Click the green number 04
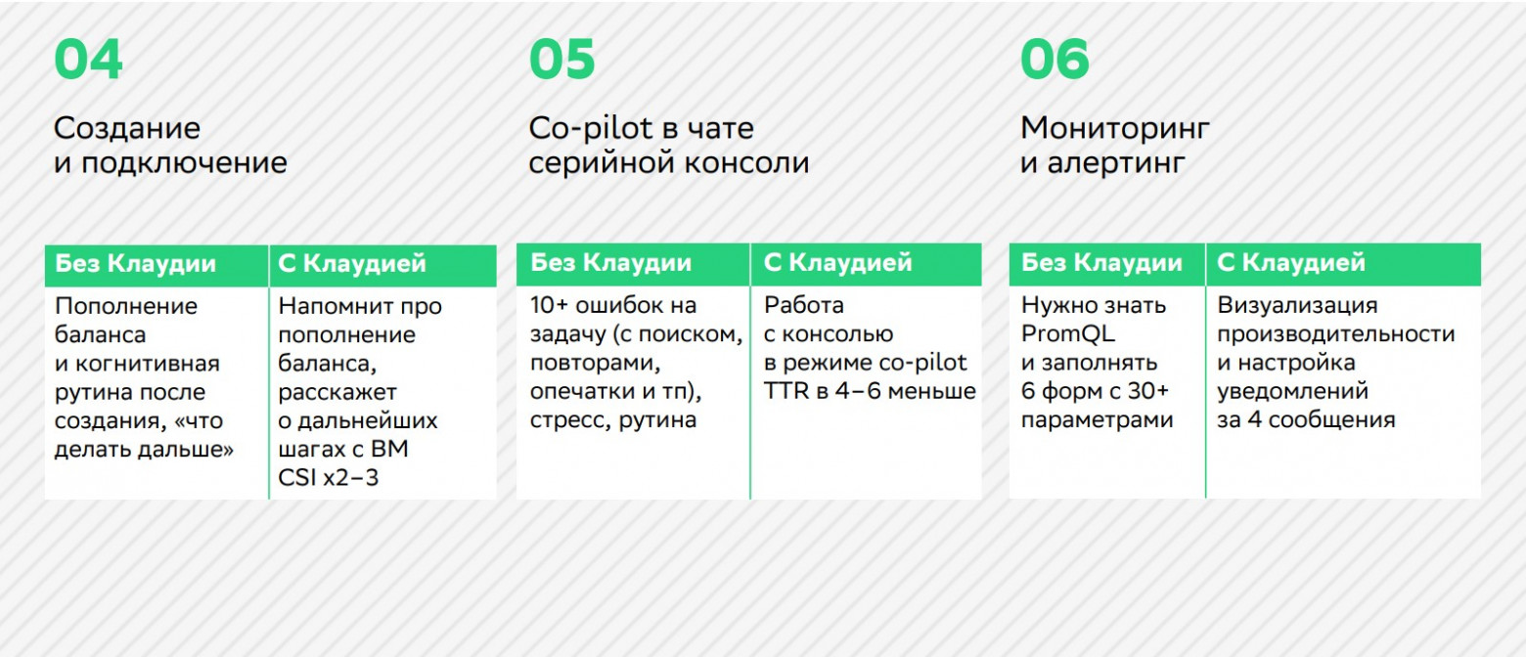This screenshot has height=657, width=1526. [x=88, y=60]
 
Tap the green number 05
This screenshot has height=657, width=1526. [x=562, y=60]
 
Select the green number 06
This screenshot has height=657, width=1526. [x=1055, y=60]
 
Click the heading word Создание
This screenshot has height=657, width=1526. [x=127, y=128]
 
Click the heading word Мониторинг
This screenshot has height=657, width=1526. [x=1115, y=128]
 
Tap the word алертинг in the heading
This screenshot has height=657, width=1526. [x=1117, y=163]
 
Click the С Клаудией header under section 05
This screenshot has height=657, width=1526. [x=837, y=263]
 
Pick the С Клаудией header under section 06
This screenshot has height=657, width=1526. [x=1291, y=263]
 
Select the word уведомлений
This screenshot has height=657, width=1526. [x=1292, y=392]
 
